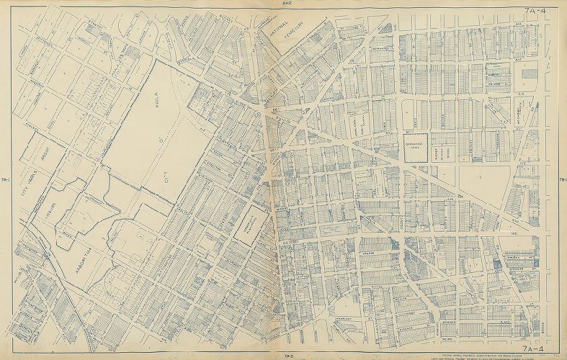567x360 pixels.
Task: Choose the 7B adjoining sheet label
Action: tap(562, 180)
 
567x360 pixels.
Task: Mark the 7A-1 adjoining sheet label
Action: tap(5, 179)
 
